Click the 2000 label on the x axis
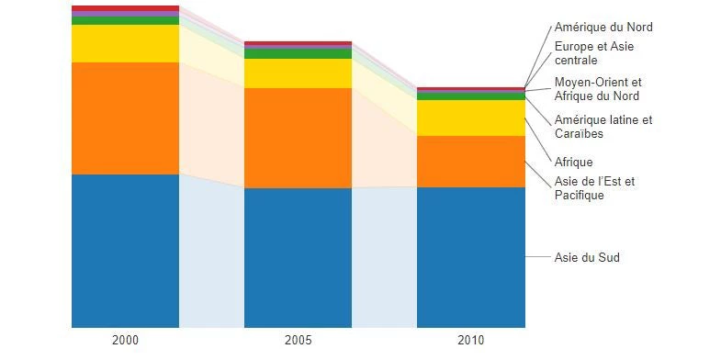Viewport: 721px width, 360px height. (x=125, y=341)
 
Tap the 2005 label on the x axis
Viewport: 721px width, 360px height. (x=298, y=341)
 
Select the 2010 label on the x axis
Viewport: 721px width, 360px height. (x=471, y=341)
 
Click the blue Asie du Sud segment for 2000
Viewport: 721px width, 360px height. (x=125, y=251)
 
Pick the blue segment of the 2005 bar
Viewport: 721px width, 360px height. (x=298, y=258)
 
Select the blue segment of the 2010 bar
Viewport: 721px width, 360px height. (x=471, y=257)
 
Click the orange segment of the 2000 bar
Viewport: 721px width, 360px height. (x=125, y=118)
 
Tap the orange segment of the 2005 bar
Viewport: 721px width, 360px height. (x=298, y=139)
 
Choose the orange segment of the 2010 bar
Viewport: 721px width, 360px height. (x=471, y=162)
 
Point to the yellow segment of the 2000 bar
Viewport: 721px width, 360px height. (x=125, y=44)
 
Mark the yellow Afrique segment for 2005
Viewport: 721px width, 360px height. (x=298, y=73)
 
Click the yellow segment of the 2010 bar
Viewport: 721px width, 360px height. (x=471, y=118)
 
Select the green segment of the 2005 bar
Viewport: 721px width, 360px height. (x=298, y=54)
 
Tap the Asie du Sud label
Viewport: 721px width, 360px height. (x=587, y=257)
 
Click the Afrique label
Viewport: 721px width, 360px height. (x=573, y=163)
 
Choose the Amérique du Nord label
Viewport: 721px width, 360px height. (x=603, y=28)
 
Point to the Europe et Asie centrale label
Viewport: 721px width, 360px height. (x=594, y=53)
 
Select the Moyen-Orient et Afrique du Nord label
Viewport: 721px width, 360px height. (x=598, y=89)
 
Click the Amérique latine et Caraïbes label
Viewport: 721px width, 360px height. (x=603, y=127)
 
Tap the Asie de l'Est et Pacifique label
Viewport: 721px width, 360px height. (x=594, y=188)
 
